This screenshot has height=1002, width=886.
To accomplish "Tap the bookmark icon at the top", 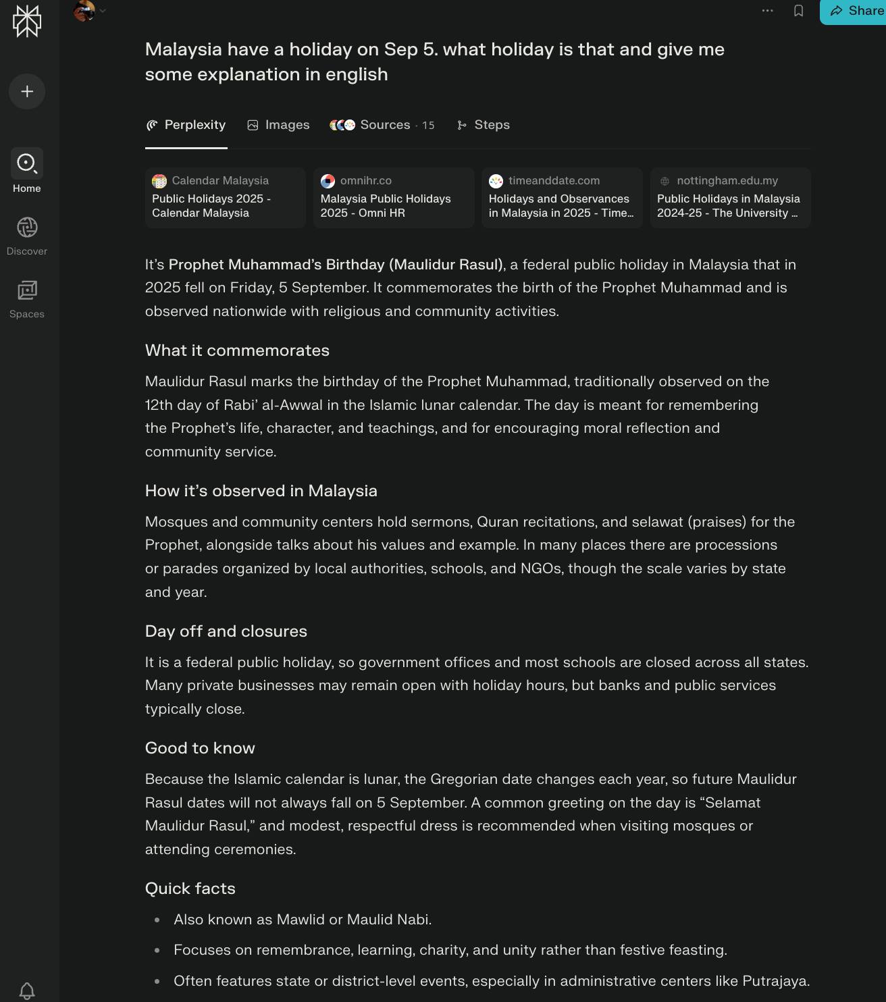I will pos(798,11).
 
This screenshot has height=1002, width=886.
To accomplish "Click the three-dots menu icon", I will pos(767,11).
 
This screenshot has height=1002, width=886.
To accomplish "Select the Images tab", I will pos(278,125).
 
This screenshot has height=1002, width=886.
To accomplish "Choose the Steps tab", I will pos(484,125).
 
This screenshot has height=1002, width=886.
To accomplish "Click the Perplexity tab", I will pos(186,125).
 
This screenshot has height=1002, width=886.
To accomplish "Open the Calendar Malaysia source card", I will pos(225,197).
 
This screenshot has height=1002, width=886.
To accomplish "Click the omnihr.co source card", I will pos(394,197).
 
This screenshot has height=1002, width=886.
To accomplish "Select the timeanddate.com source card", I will pos(562,197).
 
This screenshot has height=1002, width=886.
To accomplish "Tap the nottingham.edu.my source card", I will pos(730,197).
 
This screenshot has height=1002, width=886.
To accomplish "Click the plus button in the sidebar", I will pos(27,91).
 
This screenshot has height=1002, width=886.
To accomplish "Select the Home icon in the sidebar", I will pos(27,164).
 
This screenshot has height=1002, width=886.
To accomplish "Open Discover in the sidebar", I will pos(27,235).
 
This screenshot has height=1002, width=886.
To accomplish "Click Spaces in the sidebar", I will pos(27,298).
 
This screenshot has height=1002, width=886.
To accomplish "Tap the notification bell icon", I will pos(27,991).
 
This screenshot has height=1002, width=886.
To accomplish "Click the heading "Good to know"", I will pos(200,748).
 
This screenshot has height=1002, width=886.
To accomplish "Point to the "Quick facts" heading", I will pos(190,889).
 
